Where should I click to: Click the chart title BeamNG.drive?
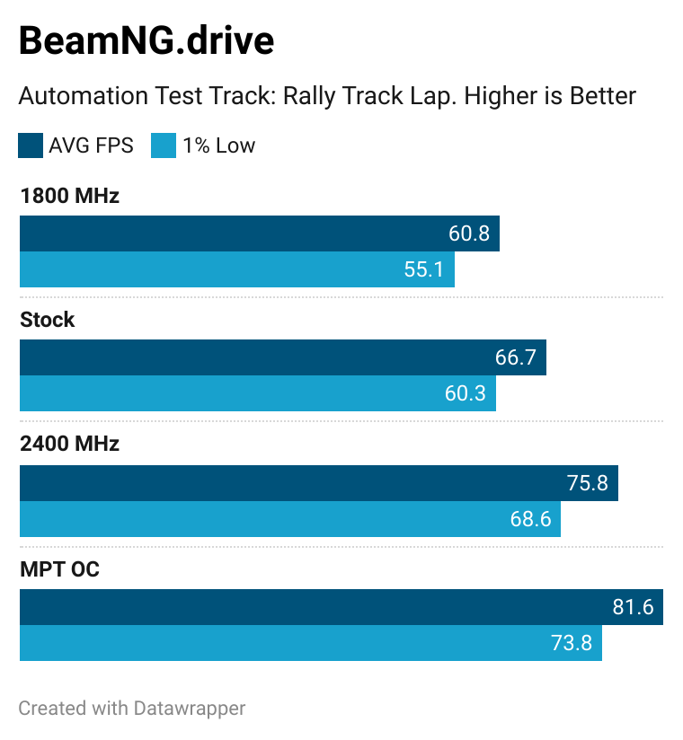[146, 41]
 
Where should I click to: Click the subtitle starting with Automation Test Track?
[327, 96]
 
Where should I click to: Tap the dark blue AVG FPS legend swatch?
[31, 145]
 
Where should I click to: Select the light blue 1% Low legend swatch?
[164, 145]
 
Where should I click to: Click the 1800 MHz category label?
[69, 196]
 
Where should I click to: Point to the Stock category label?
[48, 320]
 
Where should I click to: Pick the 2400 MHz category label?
[69, 444]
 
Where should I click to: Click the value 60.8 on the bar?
[468, 233]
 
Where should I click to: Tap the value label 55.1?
[424, 269]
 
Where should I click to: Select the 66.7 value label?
[515, 357]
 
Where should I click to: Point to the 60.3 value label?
[465, 393]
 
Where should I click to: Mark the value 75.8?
[587, 483]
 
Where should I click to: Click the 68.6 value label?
[529, 519]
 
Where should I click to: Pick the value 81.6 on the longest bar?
[632, 607]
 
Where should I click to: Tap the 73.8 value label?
[571, 643]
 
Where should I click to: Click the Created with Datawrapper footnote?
[132, 708]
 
